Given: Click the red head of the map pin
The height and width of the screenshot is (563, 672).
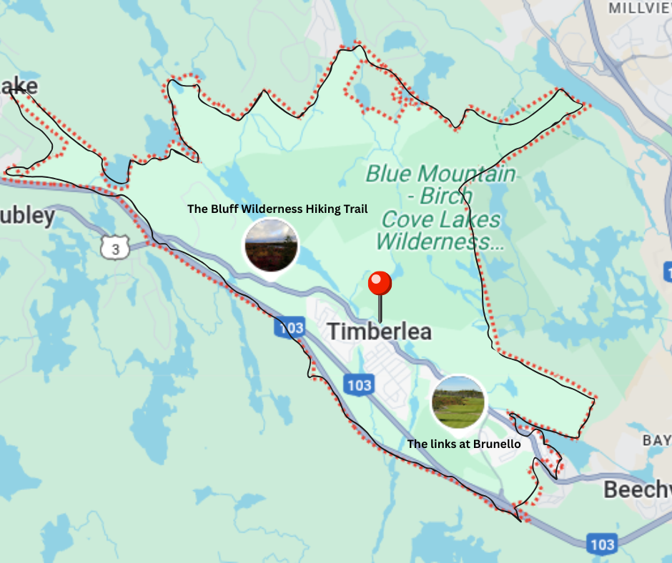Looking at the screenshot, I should point(380,284).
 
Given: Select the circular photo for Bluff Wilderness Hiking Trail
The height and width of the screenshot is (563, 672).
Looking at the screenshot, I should point(271,245).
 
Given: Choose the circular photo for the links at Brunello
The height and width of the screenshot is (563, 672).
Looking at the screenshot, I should point(458,402).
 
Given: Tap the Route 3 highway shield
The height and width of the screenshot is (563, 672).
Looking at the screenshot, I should point(115,248).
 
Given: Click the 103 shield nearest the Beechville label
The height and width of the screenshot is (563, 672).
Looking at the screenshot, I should point(602,544).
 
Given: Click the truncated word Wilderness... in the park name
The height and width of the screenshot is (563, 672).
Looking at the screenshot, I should point(440,241).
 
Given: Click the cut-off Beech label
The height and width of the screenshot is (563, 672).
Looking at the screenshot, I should point(637,490).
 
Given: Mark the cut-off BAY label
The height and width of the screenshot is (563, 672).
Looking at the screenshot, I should point(657,440).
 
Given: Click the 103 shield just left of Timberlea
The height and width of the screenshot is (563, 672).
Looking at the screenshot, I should point(289,328).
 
